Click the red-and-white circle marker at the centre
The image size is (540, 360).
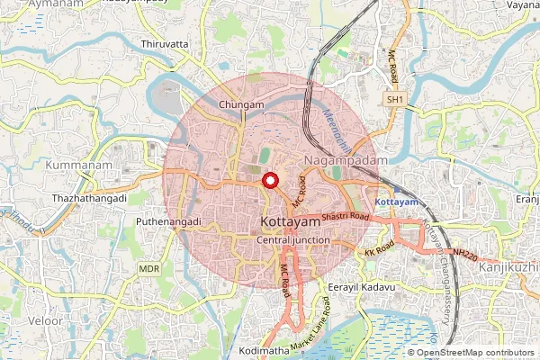click(x=268, y=181)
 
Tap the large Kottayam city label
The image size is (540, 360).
click(x=290, y=221)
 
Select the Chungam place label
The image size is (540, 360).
click(x=241, y=105)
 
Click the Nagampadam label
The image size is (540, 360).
click(x=345, y=159)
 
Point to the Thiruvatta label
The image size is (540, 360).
click(x=164, y=43)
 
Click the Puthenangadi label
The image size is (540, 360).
click(x=167, y=221)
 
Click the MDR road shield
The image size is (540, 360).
click(x=148, y=269)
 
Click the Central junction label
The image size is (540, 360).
click(x=293, y=241)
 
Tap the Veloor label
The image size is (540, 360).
click(x=45, y=320)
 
